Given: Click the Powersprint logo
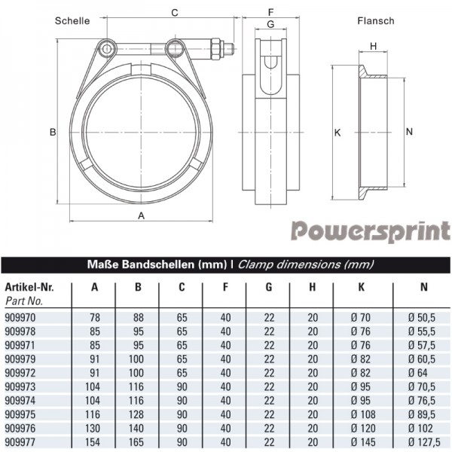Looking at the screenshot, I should click(x=371, y=230).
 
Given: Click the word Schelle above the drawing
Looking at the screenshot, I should click(x=72, y=21).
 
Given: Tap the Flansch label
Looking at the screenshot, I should click(x=375, y=21).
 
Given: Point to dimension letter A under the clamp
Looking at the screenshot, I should click(x=141, y=215).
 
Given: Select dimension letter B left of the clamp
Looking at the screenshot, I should click(x=53, y=133).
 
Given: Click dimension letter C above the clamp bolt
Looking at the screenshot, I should click(x=174, y=13).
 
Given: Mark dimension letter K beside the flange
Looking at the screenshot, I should click(x=337, y=133).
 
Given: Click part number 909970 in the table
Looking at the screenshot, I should click(x=20, y=318).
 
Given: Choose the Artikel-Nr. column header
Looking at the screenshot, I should click(x=29, y=287).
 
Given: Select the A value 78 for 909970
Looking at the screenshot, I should click(x=94, y=318).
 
